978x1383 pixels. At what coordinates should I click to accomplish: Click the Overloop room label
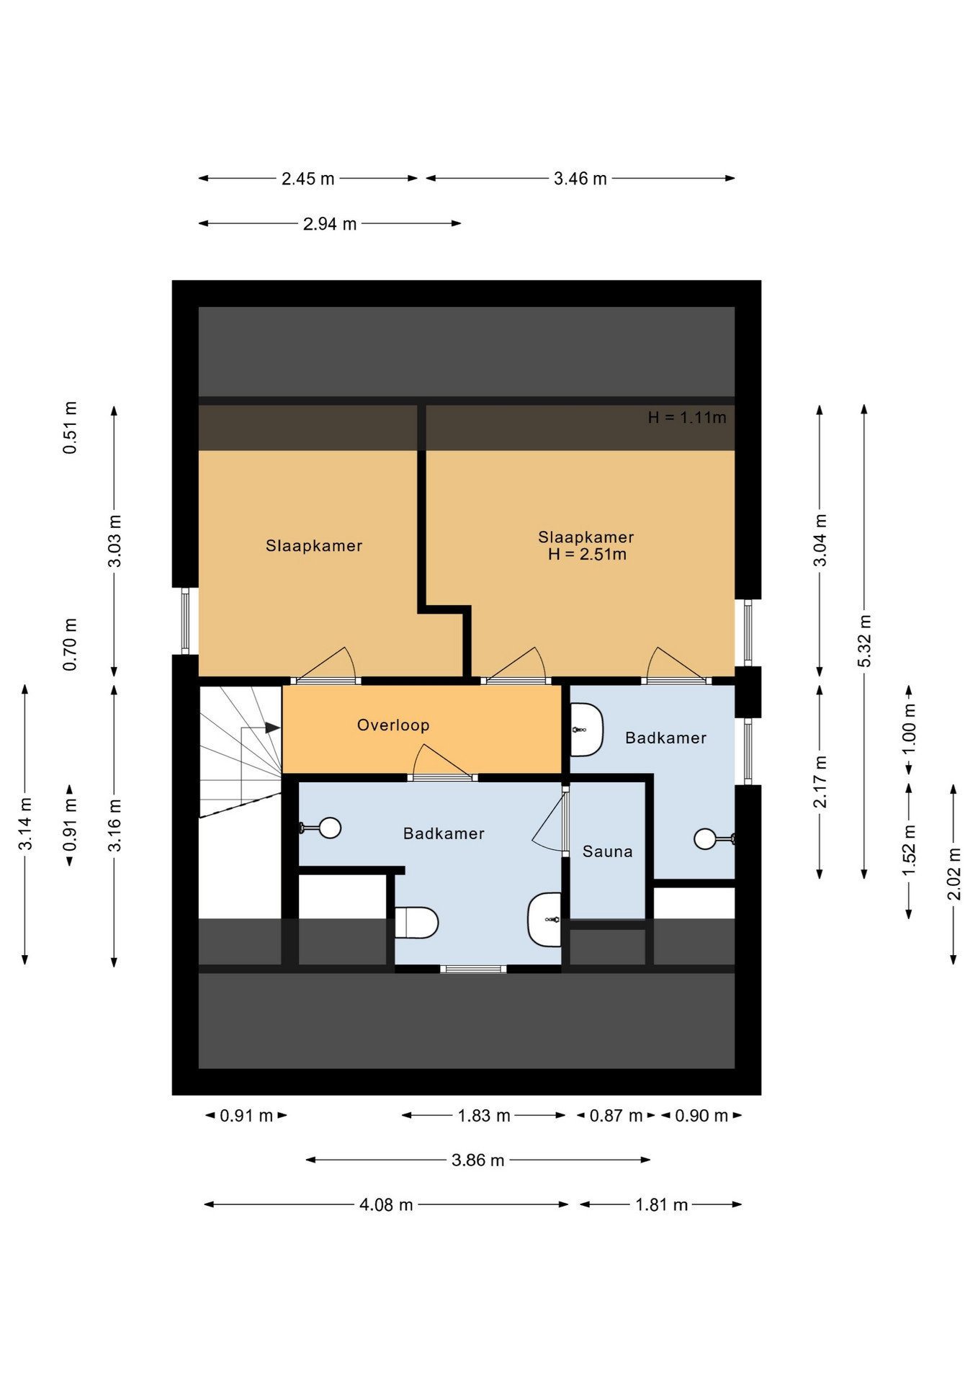coord(393,725)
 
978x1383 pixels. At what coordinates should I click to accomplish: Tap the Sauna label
coord(607,851)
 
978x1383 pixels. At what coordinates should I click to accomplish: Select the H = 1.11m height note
coord(687,417)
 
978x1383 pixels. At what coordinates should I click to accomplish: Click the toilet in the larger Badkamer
coord(416,923)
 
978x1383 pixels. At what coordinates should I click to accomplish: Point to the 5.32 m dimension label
coord(864,641)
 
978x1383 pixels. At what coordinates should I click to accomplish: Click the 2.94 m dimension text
coord(330,224)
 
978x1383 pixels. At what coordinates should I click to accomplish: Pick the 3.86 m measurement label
coord(478,1160)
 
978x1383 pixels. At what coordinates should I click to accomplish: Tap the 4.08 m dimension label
coord(386,1204)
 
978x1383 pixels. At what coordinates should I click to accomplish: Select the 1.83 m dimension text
coord(484,1116)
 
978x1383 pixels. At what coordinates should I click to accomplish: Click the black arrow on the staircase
coord(272,728)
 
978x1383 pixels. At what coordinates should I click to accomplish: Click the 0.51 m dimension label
coord(70,428)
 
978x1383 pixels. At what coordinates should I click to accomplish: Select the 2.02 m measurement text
coord(954,874)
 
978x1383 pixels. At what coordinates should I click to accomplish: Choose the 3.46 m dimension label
coord(580,179)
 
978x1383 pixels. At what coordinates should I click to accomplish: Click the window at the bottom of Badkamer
coord(473,969)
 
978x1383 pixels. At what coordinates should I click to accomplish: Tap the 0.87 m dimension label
coord(616,1116)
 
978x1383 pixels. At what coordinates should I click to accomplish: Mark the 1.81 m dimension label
coord(661,1204)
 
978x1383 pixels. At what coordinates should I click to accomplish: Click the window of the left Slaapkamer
coord(185,621)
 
